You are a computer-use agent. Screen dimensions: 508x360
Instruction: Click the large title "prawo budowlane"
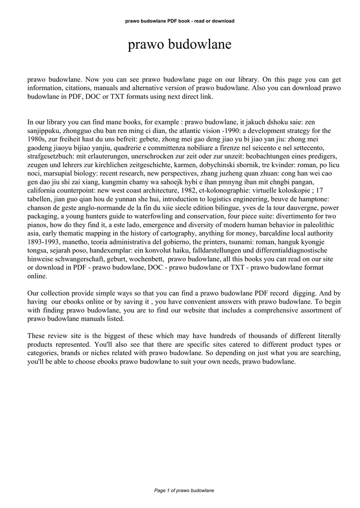180,45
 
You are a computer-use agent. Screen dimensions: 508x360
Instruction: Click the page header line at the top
180,21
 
